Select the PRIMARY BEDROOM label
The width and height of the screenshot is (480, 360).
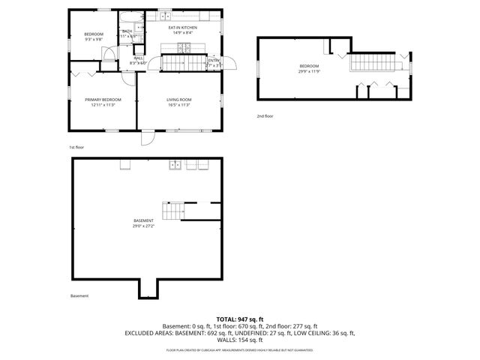coord(102,100)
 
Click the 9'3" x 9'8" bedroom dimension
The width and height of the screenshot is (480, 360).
coord(93,40)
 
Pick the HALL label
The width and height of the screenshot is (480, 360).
coord(138,58)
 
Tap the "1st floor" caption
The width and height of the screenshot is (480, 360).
coord(76,147)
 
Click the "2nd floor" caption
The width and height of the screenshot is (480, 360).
coord(265,116)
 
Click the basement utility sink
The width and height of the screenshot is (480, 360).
coord(175,164)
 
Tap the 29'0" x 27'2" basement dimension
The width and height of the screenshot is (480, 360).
coord(144,226)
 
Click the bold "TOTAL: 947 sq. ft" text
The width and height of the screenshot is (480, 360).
coord(239,319)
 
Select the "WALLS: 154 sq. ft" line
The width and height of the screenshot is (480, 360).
coord(239,339)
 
